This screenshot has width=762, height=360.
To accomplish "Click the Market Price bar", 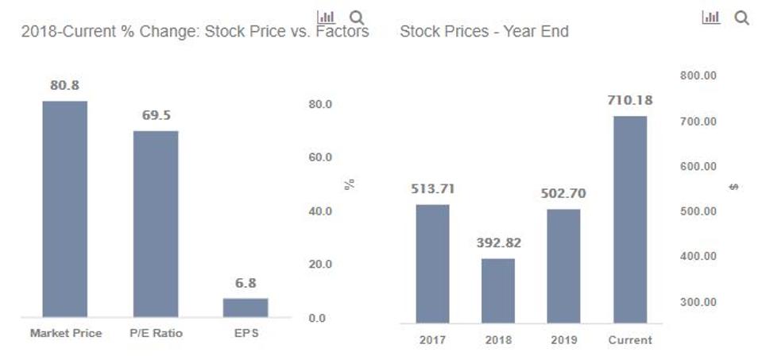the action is coord(64,209).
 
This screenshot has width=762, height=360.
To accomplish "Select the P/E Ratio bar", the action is coord(156,224).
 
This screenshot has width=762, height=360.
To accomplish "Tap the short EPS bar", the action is coord(246,308).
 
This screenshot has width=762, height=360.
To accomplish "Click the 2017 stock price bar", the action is coord(432,264).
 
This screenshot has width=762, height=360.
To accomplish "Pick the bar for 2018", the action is coord(498,291).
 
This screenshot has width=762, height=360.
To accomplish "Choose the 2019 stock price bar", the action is coord(563,266).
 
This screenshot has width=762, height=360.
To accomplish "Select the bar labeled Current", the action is coord(630,219).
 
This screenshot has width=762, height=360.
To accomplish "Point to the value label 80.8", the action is coord(64,86).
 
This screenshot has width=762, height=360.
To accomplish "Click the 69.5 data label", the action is coord(156,115).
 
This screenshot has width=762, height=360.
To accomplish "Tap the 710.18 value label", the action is coord(630,101).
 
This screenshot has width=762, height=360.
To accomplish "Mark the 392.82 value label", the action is coord(498,243).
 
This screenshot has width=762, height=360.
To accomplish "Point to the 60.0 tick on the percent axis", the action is coord(319,158).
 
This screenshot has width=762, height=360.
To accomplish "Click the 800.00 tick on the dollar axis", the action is coord(698,76).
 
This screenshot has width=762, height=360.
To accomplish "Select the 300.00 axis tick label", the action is coord(698,302).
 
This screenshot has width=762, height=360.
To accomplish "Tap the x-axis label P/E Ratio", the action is coord(156,333).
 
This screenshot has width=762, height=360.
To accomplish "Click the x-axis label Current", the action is coord(630,340).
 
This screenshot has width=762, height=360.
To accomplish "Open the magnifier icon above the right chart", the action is coord(741,18).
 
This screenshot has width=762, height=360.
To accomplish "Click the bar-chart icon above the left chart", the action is coord(326,17).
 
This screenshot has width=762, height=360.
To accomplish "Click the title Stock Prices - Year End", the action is coord(484,32).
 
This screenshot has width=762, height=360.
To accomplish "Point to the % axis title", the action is coord(350,184).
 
